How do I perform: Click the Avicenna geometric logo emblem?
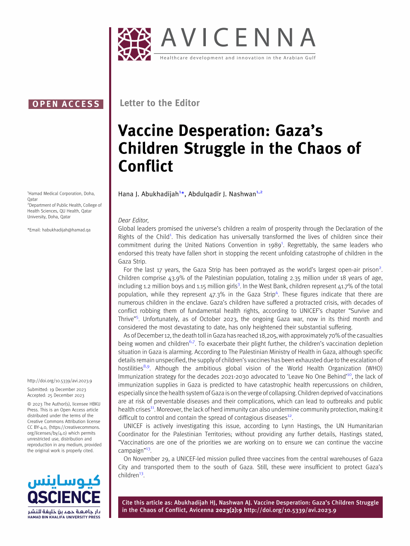click(134, 44)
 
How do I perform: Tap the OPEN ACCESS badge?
click(66, 104)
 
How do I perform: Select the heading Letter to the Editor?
click(160, 103)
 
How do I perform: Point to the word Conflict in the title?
click(145, 166)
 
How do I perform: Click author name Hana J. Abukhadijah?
click(148, 194)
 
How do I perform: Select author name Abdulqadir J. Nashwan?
click(222, 194)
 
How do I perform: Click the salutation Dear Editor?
click(133, 220)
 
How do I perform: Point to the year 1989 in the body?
click(274, 245)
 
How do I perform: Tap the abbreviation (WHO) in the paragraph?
click(374, 369)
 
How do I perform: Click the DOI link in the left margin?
click(60, 381)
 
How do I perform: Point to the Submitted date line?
click(57, 390)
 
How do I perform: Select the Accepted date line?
click(56, 395)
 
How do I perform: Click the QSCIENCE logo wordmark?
click(64, 497)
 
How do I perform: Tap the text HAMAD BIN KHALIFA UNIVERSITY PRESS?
click(64, 517)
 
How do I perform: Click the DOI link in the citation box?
click(290, 510)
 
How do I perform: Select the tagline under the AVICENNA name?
click(238, 58)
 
